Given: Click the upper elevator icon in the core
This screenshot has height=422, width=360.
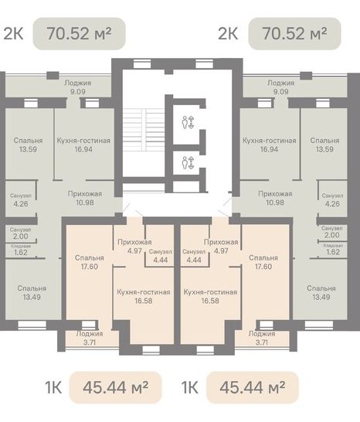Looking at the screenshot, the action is [188, 122].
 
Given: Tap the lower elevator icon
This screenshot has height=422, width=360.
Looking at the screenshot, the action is [188, 162].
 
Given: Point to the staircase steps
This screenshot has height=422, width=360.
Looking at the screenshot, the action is [144, 129].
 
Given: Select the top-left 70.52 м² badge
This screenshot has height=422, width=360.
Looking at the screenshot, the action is [79, 34].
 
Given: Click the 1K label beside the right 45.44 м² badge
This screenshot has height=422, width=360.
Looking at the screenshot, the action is [190, 387].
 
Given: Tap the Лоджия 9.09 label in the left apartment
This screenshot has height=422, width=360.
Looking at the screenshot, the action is [78, 87].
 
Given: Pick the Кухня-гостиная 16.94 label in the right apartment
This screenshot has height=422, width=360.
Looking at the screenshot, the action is [270, 145].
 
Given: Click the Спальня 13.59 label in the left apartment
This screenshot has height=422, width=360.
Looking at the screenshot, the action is [28, 145].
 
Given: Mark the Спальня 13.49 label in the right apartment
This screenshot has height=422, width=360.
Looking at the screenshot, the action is [321, 293].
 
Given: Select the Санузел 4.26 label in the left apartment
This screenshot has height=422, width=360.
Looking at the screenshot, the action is [21, 199].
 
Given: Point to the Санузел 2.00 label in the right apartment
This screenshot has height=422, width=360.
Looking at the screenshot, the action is [331, 232].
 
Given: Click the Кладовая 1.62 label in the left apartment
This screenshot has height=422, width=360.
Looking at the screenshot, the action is [21, 250].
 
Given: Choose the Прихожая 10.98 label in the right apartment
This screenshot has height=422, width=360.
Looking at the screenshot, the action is [275, 198].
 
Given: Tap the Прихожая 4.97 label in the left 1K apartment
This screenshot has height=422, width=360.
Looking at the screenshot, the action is [134, 247].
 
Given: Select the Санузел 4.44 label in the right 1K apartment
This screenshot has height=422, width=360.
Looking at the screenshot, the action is [194, 256].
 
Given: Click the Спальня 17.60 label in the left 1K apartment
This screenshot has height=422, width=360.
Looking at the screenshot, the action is [90, 262].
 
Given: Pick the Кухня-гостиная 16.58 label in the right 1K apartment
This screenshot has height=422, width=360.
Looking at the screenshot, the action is [210, 296].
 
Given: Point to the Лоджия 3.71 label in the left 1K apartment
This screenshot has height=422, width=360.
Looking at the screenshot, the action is [90, 338].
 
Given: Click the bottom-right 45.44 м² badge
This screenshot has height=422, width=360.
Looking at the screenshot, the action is [253, 387].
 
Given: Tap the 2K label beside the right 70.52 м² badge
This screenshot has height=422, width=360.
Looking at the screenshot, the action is [228, 34].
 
